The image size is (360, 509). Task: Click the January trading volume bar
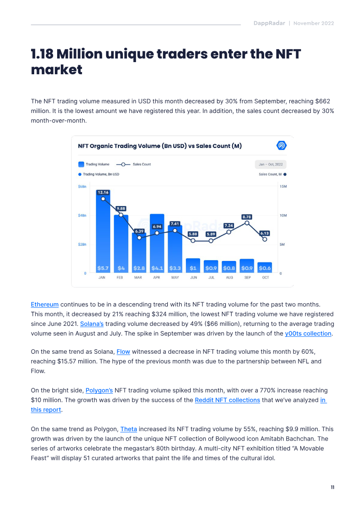point(103,231)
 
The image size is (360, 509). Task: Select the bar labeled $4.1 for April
point(157,243)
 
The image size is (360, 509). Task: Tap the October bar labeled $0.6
point(265,267)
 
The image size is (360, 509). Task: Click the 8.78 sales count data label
point(247,217)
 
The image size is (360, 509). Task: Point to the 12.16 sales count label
point(103,193)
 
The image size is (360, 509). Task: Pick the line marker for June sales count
point(193,240)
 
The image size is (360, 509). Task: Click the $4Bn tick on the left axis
point(82,216)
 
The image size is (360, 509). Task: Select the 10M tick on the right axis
point(283,216)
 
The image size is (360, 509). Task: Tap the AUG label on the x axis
point(229,278)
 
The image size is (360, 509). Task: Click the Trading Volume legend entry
point(94,164)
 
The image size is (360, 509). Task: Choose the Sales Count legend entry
point(133,164)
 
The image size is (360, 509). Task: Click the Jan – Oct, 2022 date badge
point(270,164)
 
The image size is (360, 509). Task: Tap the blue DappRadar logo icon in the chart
point(281,145)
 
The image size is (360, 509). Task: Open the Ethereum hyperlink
point(45,305)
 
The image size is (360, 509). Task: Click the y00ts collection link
point(308,333)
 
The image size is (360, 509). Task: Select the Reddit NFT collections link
point(227,400)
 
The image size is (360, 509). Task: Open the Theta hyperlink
point(129,429)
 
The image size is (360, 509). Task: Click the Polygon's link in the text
point(99,390)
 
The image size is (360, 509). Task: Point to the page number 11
point(333,487)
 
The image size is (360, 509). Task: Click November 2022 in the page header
point(314,23)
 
